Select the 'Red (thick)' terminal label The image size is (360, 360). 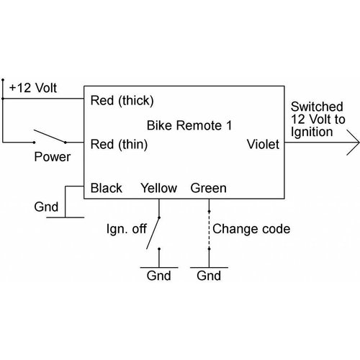pos(122,100)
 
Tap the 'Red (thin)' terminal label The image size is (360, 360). pos(120,145)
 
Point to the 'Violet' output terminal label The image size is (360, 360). pos(263,145)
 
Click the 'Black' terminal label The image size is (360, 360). pos(107,189)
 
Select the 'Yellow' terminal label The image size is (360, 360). pos(159,189)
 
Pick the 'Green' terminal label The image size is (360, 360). pos(209,189)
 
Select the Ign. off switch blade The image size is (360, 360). pos(154,232)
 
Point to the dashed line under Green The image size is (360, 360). pos(209,230)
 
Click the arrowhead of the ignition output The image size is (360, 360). pos(349,143)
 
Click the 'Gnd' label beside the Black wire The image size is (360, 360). pos(48,207)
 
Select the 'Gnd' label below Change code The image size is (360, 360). pos(209,276)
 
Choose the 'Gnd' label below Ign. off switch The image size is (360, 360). pos(158,276)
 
